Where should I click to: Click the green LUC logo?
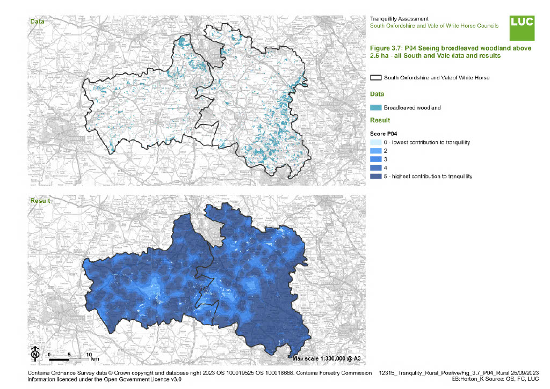(x=522, y=28)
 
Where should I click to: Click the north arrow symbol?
(x=35, y=354)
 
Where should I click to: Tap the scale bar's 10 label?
(x=89, y=355)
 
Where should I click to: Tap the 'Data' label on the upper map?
(x=37, y=21)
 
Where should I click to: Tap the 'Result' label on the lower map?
(x=40, y=201)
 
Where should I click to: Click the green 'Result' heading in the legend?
(x=380, y=120)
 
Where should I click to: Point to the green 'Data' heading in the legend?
(x=378, y=94)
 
